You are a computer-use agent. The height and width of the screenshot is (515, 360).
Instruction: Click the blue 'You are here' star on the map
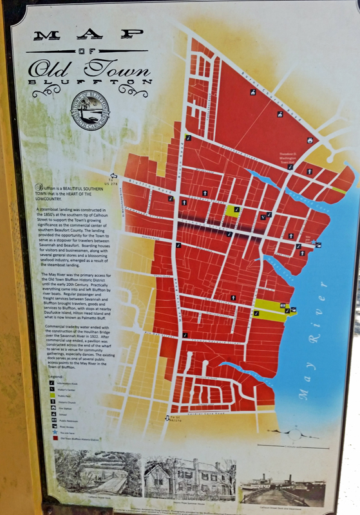314,244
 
